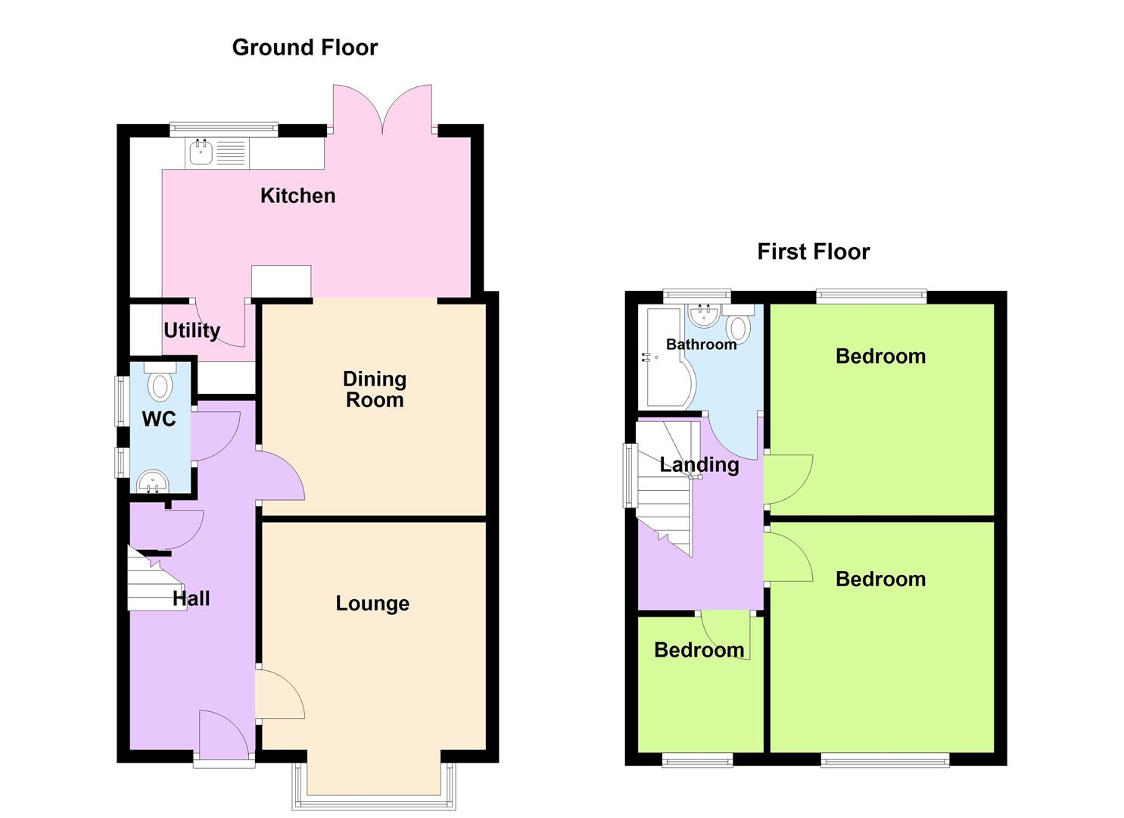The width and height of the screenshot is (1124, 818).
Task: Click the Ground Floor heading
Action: point(304,48)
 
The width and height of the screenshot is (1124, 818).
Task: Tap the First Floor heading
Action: point(813,251)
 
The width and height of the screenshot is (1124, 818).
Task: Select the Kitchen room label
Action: point(297,195)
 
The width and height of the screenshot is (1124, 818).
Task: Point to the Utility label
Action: point(191,331)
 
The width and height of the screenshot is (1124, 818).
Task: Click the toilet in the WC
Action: point(160,382)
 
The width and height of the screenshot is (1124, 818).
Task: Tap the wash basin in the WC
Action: point(153,481)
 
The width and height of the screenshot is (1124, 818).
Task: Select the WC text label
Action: point(158,419)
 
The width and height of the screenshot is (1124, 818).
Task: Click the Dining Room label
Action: point(375,389)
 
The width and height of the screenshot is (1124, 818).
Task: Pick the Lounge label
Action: point(372,603)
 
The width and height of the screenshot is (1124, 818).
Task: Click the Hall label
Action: point(191,598)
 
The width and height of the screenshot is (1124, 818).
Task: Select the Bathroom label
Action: point(701,345)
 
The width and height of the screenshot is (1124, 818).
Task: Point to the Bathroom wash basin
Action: point(705,316)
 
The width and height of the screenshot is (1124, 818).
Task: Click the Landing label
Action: point(699,464)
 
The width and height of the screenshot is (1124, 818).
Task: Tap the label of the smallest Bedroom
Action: point(699,650)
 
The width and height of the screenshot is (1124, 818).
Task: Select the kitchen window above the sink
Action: point(223,129)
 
